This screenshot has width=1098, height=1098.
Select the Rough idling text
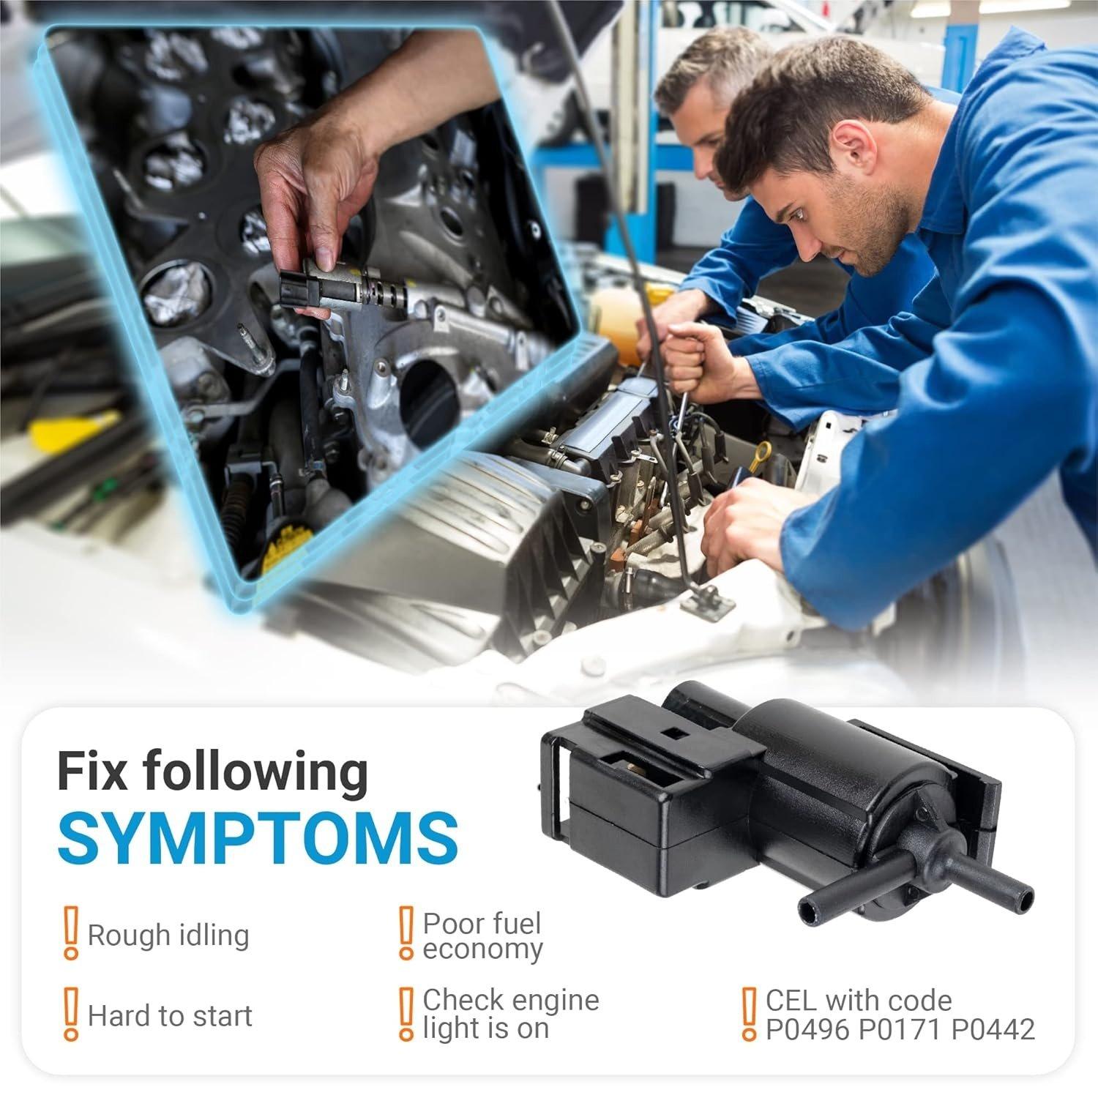click(168, 936)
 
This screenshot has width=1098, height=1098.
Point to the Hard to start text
click(170, 1016)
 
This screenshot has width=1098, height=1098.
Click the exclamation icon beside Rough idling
click(70, 933)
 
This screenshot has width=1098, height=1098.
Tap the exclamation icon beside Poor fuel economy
click(405, 933)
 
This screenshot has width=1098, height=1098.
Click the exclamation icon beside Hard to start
click(70, 1013)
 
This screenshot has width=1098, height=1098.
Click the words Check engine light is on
click(511, 1014)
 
